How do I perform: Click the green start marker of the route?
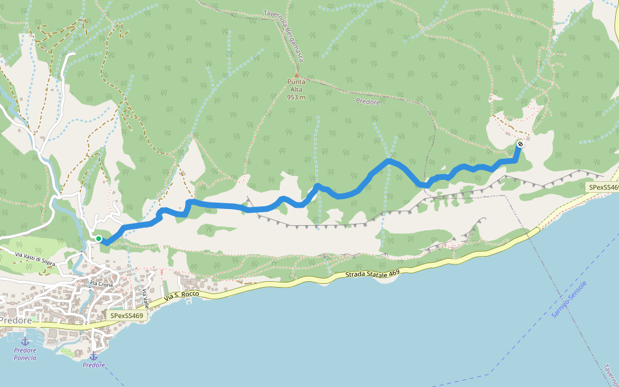pyautogui.click(x=99, y=239)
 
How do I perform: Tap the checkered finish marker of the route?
pyautogui.click(x=520, y=144)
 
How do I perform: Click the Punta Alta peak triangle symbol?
pyautogui.click(x=297, y=75)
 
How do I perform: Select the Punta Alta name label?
pyautogui.click(x=297, y=86)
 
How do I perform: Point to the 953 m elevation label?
pyautogui.click(x=296, y=97)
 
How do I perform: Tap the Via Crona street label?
pyautogui.click(x=101, y=284)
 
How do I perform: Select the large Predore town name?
pyautogui.click(x=15, y=321)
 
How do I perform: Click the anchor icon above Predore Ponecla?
pyautogui.click(x=25, y=341)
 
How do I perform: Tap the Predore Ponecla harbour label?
pyautogui.click(x=25, y=354)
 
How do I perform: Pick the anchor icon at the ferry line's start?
pyautogui.click(x=93, y=356)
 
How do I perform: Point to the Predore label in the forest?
pyautogui.click(x=368, y=102)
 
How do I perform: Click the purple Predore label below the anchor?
pyautogui.click(x=93, y=365)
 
